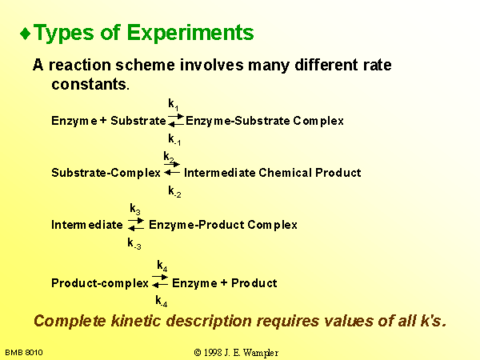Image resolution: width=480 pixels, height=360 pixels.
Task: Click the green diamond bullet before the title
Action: click(x=26, y=34)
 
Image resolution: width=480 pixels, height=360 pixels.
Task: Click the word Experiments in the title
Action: click(x=190, y=33)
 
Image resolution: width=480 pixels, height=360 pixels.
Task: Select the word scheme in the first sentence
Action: click(x=146, y=65)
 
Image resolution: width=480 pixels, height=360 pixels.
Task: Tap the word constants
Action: click(x=90, y=84)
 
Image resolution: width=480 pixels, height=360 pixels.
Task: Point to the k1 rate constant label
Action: click(x=174, y=104)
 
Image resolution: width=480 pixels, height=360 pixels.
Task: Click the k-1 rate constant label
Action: click(x=174, y=139)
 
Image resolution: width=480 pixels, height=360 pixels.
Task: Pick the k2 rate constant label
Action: click(x=169, y=157)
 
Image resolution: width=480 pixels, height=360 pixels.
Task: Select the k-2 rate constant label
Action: click(x=174, y=191)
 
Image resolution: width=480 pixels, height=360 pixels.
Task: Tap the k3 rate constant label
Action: click(x=135, y=209)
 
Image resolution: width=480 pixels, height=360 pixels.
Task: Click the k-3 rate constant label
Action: click(x=134, y=243)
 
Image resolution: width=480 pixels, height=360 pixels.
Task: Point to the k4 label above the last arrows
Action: click(x=162, y=266)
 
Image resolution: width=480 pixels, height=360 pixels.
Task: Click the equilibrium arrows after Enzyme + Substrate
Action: click(x=176, y=120)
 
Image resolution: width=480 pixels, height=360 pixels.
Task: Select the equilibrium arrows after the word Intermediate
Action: click(x=136, y=224)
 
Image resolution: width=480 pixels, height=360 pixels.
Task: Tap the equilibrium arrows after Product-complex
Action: click(x=160, y=281)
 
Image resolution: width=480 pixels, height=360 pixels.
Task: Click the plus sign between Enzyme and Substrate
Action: click(x=103, y=120)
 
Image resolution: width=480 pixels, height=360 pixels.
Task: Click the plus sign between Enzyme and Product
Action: click(x=224, y=282)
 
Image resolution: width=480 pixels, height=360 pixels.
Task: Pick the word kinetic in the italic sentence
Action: click(x=136, y=321)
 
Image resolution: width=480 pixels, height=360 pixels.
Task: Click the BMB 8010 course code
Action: click(x=24, y=353)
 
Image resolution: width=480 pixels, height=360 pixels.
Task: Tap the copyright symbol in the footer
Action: click(x=198, y=353)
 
